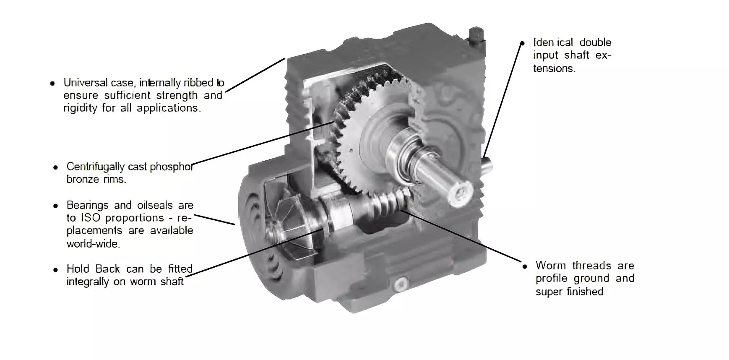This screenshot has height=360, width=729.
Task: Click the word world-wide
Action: click(x=93, y=243)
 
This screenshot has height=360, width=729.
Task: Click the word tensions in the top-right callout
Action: click(x=554, y=68)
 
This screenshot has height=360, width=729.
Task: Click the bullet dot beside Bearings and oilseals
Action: click(x=55, y=206)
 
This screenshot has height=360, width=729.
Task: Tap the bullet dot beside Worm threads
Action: click(x=524, y=266)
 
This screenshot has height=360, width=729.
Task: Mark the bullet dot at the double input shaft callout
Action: click(x=522, y=43)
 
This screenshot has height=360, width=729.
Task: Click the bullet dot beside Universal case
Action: click(x=52, y=83)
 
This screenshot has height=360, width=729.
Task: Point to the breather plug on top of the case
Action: click(x=476, y=34)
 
